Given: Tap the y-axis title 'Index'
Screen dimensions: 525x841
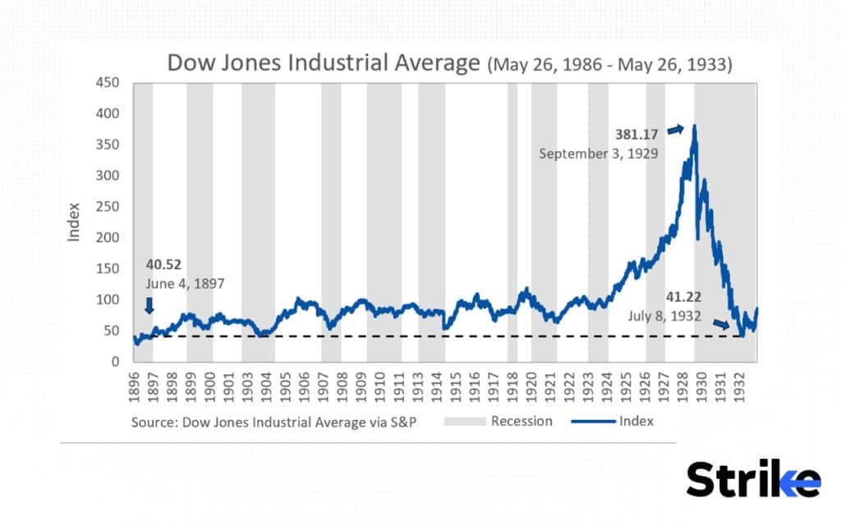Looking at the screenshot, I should tap(75, 222).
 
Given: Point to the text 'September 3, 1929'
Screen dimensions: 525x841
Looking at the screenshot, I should tap(598, 153).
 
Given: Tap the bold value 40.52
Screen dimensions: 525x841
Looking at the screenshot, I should tap(164, 265).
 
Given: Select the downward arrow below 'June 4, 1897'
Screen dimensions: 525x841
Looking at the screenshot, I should tap(149, 305).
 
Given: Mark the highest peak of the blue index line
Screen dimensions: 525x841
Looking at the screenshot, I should tap(695, 126).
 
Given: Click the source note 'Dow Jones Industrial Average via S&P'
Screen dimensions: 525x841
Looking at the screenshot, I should tap(274, 422).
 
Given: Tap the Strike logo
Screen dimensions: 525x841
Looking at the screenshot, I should tap(753, 479).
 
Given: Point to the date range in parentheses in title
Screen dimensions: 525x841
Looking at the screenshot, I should tap(609, 65).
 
